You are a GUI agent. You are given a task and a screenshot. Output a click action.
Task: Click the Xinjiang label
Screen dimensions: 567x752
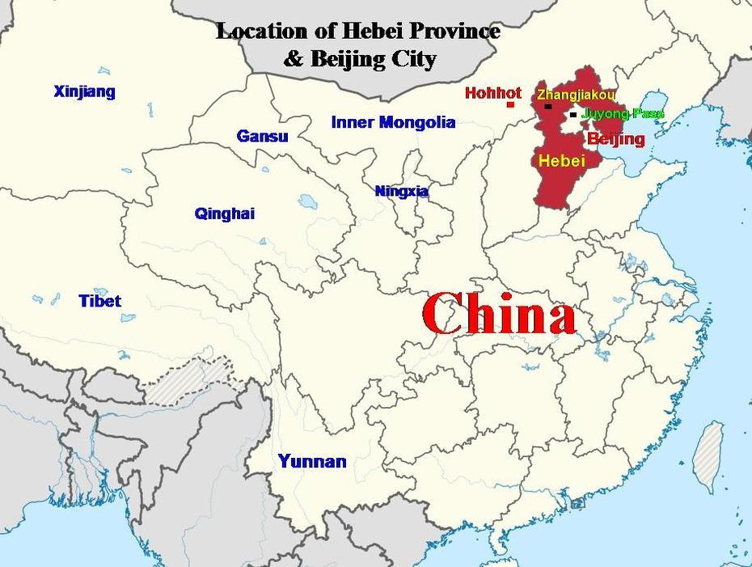click(84, 91)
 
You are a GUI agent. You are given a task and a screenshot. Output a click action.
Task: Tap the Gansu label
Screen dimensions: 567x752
click(262, 136)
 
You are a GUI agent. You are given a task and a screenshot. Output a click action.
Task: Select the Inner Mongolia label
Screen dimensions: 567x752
click(393, 123)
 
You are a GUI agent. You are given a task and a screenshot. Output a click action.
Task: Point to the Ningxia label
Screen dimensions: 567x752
click(401, 192)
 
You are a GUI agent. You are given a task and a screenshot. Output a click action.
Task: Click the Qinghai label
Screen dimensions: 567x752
click(224, 214)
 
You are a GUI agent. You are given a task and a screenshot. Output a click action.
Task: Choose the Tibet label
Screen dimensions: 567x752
click(99, 301)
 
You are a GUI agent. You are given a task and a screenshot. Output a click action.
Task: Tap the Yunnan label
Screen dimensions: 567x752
click(312, 462)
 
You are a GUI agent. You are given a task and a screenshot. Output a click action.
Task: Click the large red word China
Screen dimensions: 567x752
click(498, 315)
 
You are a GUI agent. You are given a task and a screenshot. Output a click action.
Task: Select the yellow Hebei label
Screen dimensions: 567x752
click(562, 161)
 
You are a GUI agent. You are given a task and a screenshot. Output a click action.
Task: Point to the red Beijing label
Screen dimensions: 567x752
click(616, 139)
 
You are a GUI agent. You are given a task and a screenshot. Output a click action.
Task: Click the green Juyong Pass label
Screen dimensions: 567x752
click(623, 114)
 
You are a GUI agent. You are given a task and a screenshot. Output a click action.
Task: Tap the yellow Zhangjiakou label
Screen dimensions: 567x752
click(576, 95)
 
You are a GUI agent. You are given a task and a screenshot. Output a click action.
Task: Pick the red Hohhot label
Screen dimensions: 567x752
click(493, 93)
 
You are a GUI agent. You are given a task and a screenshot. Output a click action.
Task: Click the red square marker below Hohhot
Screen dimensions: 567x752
click(510, 104)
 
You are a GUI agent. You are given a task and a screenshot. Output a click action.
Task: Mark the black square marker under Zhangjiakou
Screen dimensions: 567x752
click(548, 106)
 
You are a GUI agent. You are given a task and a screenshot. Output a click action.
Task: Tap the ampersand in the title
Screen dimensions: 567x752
click(291, 59)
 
